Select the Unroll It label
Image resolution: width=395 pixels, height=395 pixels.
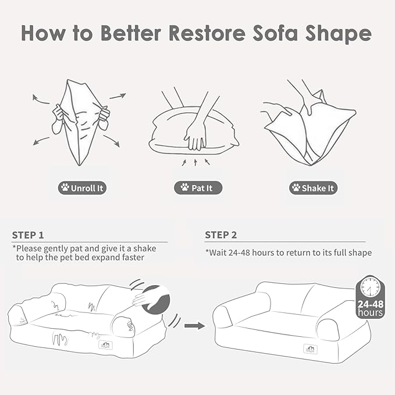coord(83,188)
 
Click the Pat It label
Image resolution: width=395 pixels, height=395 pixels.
coord(198,188)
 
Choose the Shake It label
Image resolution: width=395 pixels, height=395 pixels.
coord(314,188)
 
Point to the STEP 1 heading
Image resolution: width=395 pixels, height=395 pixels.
coord(28,235)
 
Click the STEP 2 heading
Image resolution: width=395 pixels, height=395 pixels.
coord(220,235)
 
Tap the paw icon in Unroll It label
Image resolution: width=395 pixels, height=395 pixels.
coord(64,188)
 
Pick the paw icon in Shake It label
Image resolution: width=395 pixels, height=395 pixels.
coord(296,188)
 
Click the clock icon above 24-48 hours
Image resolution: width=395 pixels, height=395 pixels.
coord(371,287)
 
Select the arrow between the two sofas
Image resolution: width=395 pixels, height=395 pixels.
coord(193,326)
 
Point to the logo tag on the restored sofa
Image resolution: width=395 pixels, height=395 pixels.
coord(307,348)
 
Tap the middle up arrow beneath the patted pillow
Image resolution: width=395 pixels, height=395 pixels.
coord(196,161)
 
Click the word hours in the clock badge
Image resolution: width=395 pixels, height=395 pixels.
coord(371,313)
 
